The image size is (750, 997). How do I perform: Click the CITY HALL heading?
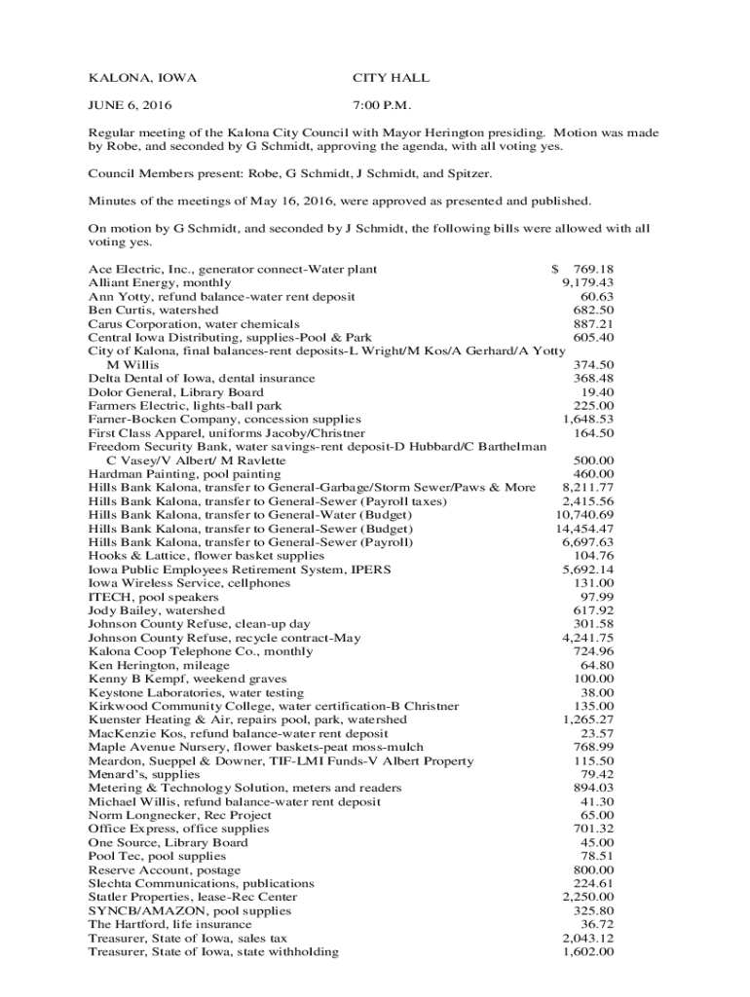click(x=390, y=78)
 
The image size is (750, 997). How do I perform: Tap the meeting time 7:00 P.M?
click(x=386, y=105)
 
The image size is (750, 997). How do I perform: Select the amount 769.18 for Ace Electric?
click(x=593, y=269)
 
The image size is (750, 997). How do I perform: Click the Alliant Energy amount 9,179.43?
click(x=587, y=282)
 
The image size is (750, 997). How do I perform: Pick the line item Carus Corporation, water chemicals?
click(x=194, y=323)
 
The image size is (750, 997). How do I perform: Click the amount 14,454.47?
click(x=584, y=528)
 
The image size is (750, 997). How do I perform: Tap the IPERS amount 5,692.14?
click(x=587, y=569)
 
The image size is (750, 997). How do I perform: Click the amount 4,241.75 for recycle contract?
click(x=587, y=637)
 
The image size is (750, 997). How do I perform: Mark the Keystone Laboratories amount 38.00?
click(x=597, y=691)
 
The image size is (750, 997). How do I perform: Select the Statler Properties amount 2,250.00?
click(x=587, y=896)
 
